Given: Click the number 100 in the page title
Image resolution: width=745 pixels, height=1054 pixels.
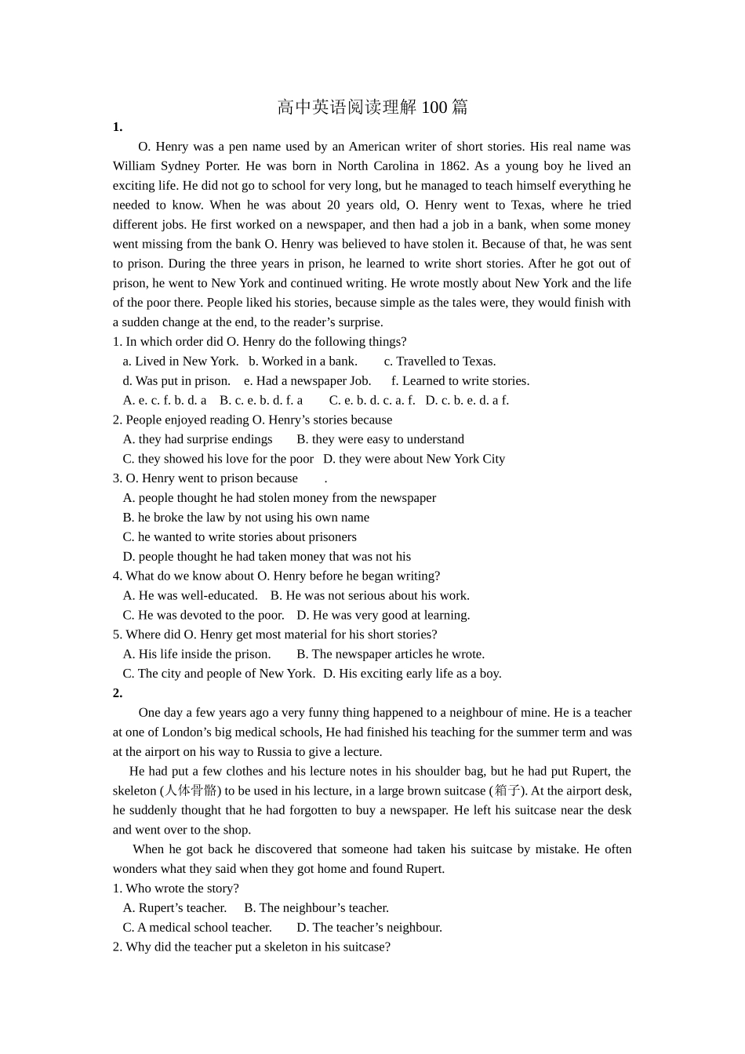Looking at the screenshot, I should [434, 107].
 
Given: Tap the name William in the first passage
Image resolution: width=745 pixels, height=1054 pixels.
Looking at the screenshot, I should [134, 165].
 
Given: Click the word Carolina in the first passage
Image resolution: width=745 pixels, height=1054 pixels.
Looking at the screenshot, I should [394, 165].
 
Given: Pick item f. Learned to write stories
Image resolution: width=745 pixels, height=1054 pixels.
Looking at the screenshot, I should [460, 380].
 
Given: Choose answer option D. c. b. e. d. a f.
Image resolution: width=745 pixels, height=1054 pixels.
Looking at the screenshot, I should [467, 400].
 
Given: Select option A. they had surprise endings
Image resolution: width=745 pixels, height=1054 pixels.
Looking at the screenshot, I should [198, 439].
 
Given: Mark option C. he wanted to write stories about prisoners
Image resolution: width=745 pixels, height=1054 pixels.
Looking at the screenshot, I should [239, 536].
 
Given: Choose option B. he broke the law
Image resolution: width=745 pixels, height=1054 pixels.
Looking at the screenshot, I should [245, 517].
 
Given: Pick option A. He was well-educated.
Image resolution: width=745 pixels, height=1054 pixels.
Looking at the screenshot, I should [190, 595].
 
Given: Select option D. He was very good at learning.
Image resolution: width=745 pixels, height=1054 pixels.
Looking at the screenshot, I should [383, 615].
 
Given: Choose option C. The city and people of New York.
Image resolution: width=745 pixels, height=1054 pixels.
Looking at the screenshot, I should [219, 673].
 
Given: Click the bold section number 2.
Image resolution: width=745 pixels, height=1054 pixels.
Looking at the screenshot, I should [118, 692].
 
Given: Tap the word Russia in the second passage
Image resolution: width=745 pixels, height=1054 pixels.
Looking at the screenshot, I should [274, 751].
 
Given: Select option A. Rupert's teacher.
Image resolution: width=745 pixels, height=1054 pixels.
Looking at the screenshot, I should [174, 907].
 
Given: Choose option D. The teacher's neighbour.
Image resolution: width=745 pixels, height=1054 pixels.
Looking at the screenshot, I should [369, 927].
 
